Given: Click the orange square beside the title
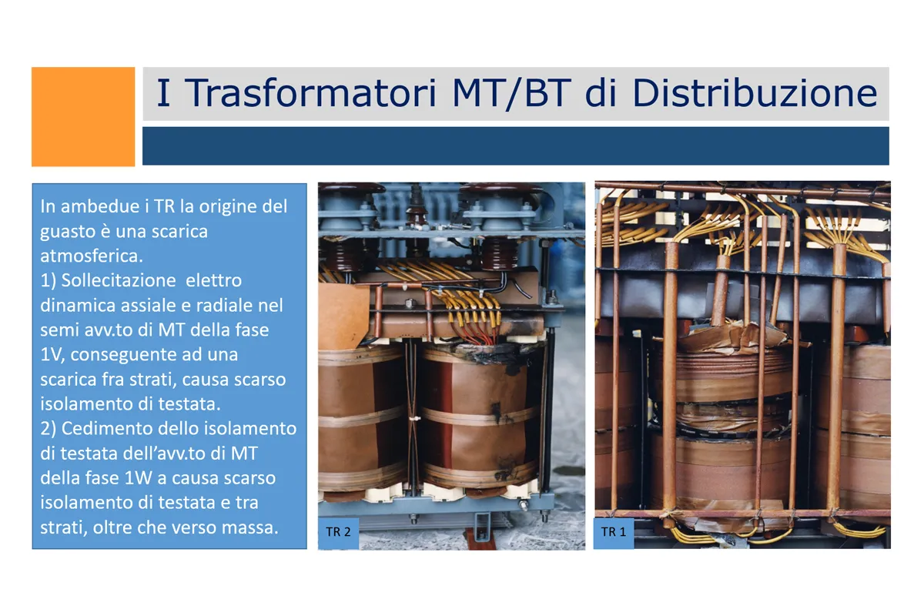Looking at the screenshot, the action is (83, 117).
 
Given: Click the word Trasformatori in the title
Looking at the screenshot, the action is (310, 93).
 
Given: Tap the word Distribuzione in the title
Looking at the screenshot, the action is (755, 93).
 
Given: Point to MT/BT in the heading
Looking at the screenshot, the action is (511, 94).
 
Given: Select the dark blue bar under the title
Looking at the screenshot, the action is (516, 146).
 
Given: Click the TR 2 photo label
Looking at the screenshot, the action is (338, 532).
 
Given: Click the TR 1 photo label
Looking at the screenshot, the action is (614, 532).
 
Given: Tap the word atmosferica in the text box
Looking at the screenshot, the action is (91, 256).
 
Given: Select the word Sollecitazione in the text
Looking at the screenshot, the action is (119, 280).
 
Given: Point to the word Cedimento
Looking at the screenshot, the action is (107, 429).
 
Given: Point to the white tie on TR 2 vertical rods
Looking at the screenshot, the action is (414, 419).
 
